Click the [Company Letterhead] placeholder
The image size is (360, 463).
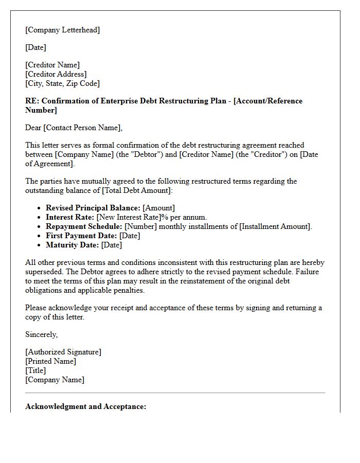point(62,30)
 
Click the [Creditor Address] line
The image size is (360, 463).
point(56,74)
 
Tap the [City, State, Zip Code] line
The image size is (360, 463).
point(62,83)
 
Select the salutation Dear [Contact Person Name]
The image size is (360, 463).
point(74,128)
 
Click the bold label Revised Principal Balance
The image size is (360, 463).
point(93,208)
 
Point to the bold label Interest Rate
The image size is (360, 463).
point(70,217)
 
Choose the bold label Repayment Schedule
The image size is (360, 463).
point(84,226)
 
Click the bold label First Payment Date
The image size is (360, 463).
point(81,236)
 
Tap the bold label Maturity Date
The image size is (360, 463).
point(73,245)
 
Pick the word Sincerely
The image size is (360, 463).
point(41,334)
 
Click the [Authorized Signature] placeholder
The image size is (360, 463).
point(63,352)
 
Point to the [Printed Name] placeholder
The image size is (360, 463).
point(50,361)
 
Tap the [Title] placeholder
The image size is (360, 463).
point(35,370)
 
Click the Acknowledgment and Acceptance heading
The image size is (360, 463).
point(85,406)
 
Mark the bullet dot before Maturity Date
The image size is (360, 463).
point(40,245)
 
